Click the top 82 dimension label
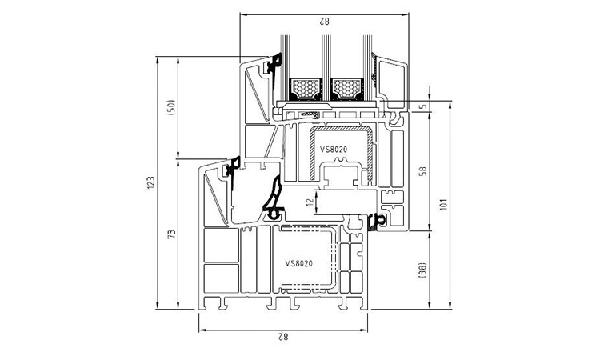pyautogui.click(x=324, y=22)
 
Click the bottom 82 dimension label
pyautogui.click(x=282, y=337)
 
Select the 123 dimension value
pyautogui.click(x=150, y=182)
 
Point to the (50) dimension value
pyautogui.click(x=171, y=108)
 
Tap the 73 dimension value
pyautogui.click(x=172, y=234)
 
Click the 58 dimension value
pyautogui.click(x=423, y=171)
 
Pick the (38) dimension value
pyautogui.click(x=423, y=270)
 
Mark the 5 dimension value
pyautogui.click(x=423, y=106)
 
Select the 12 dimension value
pyautogui.click(x=311, y=202)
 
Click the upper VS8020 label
pyautogui.click(x=334, y=150)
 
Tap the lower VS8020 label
pyautogui.click(x=299, y=263)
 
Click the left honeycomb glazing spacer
pyautogui.click(x=306, y=89)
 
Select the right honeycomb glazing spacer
pyautogui.click(x=346, y=89)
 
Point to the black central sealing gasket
pyautogui.click(x=274, y=200)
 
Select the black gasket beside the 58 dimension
pyautogui.click(x=377, y=222)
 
